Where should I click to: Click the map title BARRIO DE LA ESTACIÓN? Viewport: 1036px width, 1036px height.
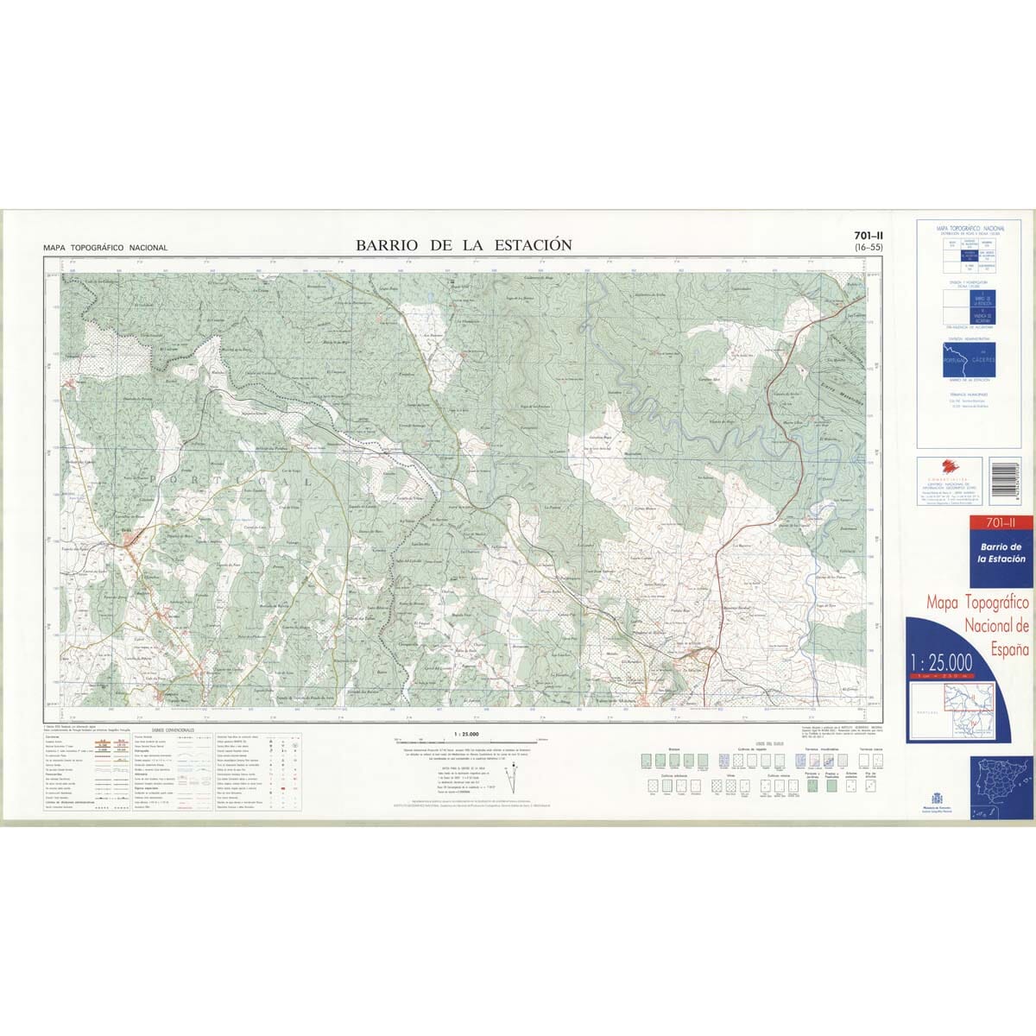pyautogui.click(x=464, y=245)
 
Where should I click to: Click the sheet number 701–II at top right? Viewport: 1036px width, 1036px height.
pyautogui.click(x=868, y=236)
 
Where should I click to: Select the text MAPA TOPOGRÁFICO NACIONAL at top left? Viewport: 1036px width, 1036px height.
pyautogui.click(x=105, y=248)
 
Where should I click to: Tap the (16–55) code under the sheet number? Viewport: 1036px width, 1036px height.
pyautogui.click(x=868, y=248)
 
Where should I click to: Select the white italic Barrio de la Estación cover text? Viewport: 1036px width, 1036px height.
pyautogui.click(x=1000, y=553)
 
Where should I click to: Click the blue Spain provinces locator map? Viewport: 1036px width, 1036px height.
pyautogui.click(x=1001, y=786)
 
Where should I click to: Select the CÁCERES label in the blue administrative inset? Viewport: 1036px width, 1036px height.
pyautogui.click(x=982, y=357)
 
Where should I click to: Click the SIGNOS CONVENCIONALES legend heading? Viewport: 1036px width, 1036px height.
pyautogui.click(x=173, y=730)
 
